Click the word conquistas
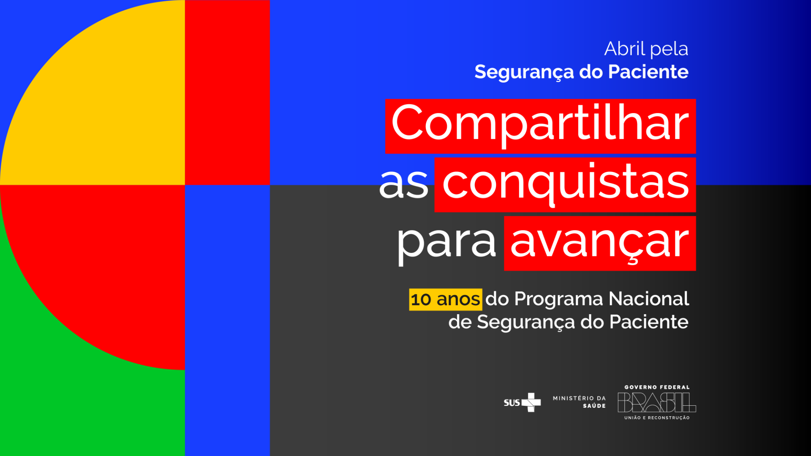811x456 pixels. [x=565, y=183]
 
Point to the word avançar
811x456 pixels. [x=599, y=242]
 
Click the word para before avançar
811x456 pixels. [x=446, y=242]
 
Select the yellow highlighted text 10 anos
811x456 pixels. [x=445, y=299]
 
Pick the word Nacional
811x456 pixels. [x=649, y=299]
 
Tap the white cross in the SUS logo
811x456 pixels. [x=531, y=402]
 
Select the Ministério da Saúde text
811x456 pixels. [x=579, y=402]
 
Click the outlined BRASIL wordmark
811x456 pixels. [x=656, y=402]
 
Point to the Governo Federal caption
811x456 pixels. [x=657, y=387]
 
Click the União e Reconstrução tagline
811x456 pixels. [x=657, y=418]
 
